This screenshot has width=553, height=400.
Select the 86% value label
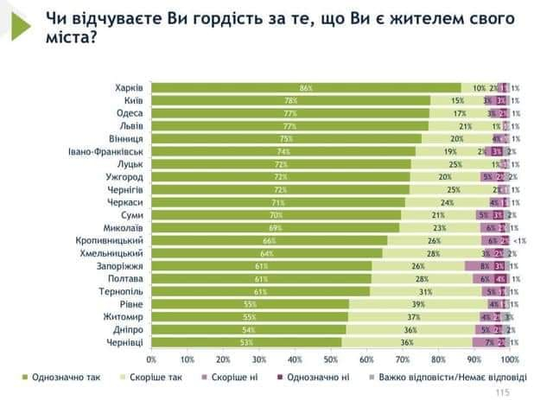click(x=305, y=88)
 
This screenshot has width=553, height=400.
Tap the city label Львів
click(x=130, y=125)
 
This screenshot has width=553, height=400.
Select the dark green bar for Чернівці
click(x=246, y=343)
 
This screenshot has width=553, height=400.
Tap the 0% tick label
click(x=152, y=359)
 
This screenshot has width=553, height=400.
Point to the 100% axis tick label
click(x=510, y=359)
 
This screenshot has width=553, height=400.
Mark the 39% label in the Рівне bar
click(x=416, y=305)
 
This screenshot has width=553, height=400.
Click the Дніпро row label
click(x=127, y=330)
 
